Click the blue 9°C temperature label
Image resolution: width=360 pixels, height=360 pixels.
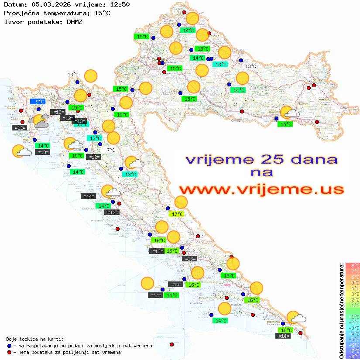[37, 102]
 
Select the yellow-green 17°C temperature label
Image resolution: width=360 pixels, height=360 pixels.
[177, 214]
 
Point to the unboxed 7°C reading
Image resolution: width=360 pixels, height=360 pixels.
[111, 150]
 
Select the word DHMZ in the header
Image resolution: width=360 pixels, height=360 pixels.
[75, 21]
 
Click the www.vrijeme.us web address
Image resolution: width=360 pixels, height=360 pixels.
[261, 189]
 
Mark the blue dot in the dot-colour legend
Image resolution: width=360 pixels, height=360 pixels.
[9, 346]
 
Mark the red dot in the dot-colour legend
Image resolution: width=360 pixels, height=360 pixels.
[9, 352]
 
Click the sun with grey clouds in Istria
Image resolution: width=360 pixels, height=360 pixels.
[40, 121]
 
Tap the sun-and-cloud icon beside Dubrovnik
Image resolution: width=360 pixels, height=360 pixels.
[296, 318]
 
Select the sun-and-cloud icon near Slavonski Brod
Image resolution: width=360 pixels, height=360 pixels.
[289, 113]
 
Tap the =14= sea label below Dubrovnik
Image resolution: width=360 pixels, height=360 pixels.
[284, 336]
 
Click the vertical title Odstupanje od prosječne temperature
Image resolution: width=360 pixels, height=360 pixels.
[341, 310]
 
